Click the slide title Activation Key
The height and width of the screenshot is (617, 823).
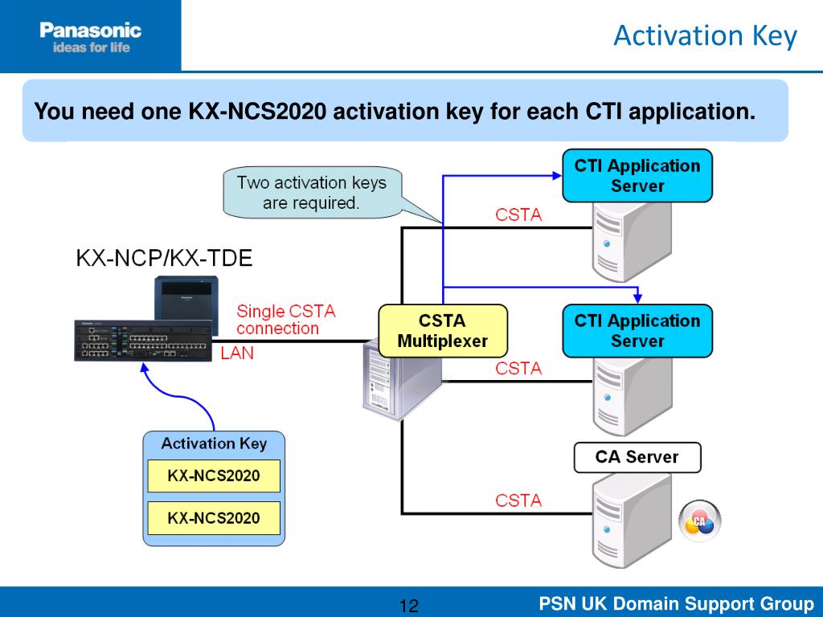click(x=705, y=36)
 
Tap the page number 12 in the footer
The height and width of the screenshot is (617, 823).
click(x=409, y=606)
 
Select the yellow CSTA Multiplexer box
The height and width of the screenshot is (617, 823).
click(x=443, y=331)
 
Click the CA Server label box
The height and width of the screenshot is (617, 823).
click(x=637, y=457)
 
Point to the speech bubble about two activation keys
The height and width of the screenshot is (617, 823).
click(x=313, y=193)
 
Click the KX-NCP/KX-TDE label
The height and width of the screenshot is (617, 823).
click(x=164, y=258)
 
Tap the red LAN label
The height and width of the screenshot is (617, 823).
click(x=237, y=353)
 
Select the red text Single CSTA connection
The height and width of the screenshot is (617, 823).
click(x=286, y=320)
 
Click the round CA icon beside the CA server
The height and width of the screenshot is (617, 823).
click(x=700, y=521)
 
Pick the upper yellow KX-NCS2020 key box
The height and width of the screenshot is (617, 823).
click(x=214, y=476)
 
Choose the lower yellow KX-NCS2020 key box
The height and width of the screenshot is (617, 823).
click(x=214, y=518)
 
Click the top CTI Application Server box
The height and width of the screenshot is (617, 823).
click(x=637, y=176)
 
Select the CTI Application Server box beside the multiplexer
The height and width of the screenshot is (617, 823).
click(x=637, y=331)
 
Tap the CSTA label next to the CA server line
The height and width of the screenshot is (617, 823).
click(x=518, y=500)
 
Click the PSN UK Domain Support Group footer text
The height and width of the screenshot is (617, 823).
click(x=676, y=603)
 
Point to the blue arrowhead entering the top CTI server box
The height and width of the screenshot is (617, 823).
click(x=558, y=176)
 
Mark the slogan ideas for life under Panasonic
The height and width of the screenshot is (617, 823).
click(x=92, y=47)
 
